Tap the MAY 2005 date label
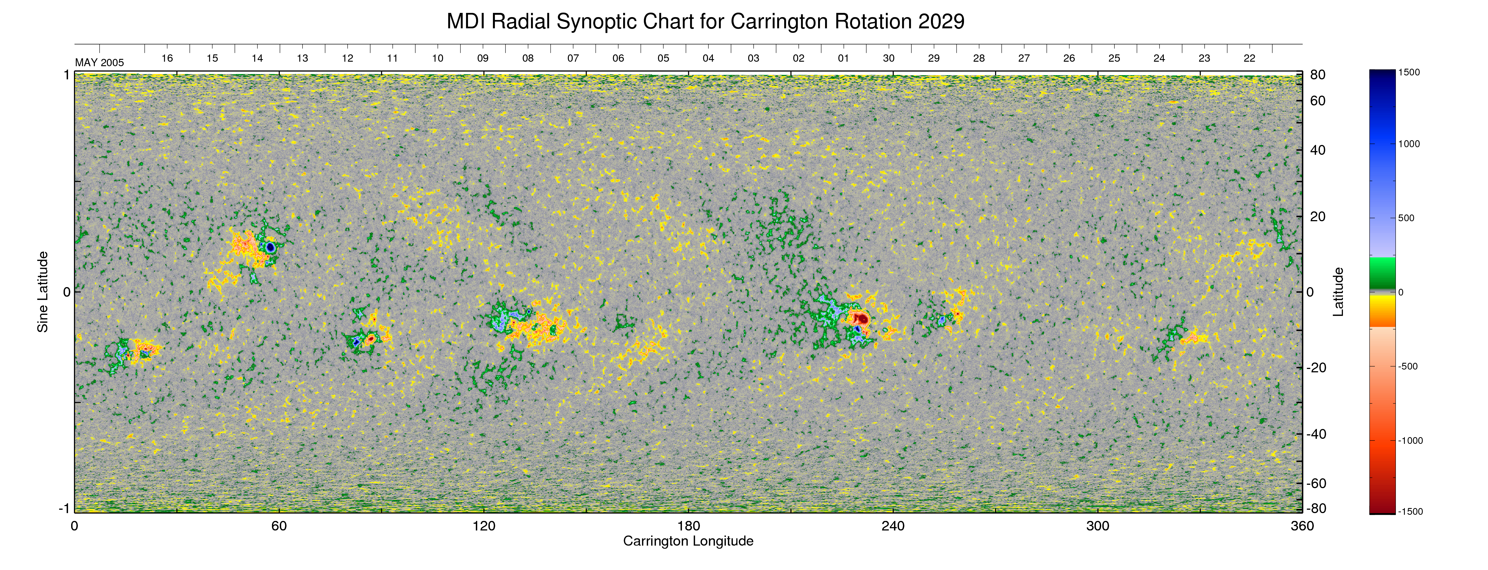pos(99,63)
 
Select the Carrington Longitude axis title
pos(688,541)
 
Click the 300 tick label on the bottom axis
pos(1098,526)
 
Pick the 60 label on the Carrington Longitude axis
pos(279,526)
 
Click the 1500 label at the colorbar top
pos(1409,72)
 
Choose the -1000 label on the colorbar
pos(1410,440)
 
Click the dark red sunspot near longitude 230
pos(861,319)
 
